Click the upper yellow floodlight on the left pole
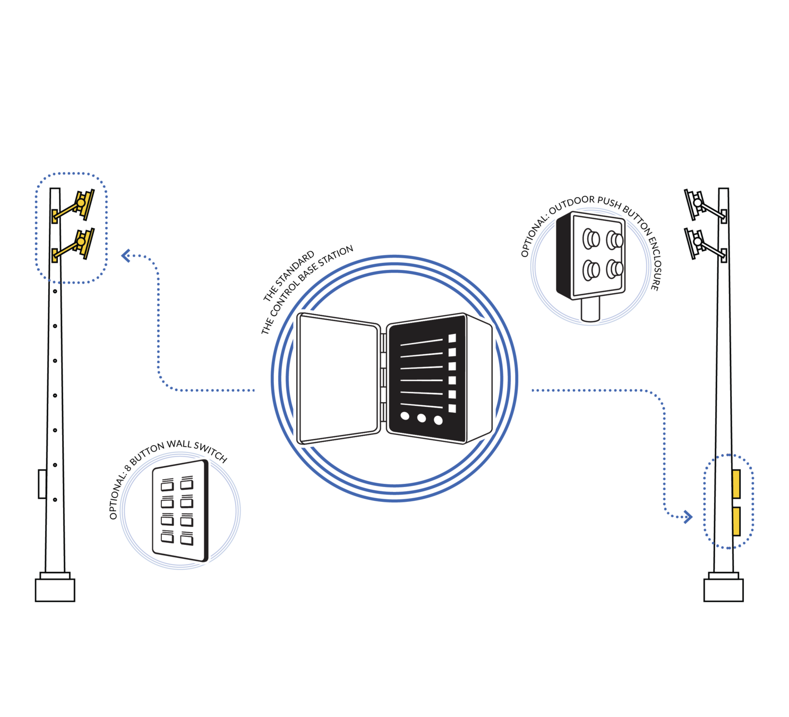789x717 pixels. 82,203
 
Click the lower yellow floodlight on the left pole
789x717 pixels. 82,243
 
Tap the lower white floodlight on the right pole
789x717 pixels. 696,242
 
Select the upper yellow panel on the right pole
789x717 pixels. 736,483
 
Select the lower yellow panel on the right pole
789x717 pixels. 736,521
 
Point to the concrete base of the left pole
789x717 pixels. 55,590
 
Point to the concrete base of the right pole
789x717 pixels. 723,590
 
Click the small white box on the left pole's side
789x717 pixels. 42,484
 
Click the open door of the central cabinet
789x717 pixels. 338,378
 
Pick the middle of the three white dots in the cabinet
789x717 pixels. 422,418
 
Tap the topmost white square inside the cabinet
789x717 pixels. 452,338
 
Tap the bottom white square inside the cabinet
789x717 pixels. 452,408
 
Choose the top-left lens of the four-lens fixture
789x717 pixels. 590,239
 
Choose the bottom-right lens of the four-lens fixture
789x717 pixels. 615,269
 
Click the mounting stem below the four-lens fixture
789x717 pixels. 590,309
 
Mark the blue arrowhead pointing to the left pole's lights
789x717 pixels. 125,256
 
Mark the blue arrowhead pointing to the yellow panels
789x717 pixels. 689,516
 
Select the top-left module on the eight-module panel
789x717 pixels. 167,484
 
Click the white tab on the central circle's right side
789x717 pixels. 525,381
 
